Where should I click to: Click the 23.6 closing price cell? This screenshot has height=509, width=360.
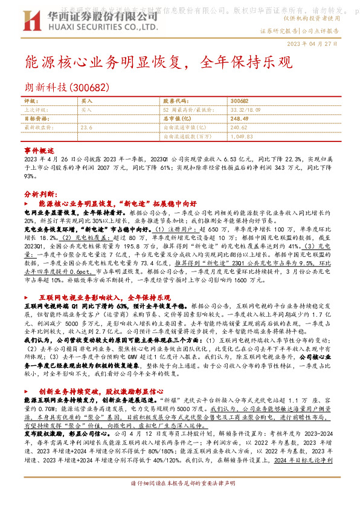coord(86,128)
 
